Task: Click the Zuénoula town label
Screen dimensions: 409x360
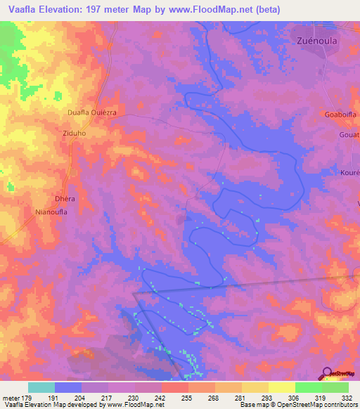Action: coord(314,41)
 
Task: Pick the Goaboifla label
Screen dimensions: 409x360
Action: coord(341,115)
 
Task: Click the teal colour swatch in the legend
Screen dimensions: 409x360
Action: coord(41,387)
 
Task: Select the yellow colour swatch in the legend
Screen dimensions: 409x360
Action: coord(281,387)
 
